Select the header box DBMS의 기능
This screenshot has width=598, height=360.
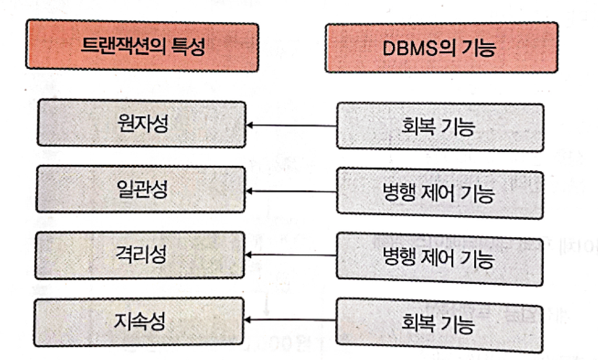[x=441, y=47]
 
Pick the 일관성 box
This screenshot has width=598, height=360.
[x=141, y=190]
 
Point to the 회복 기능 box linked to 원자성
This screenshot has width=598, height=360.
[x=440, y=126]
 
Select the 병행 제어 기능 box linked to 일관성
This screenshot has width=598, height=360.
[x=440, y=191]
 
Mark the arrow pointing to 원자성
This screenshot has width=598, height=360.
[x=292, y=125]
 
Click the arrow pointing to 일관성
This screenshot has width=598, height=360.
[x=292, y=191]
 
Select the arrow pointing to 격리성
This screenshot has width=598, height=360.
[x=292, y=255]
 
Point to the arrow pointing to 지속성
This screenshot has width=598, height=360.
[x=292, y=320]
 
